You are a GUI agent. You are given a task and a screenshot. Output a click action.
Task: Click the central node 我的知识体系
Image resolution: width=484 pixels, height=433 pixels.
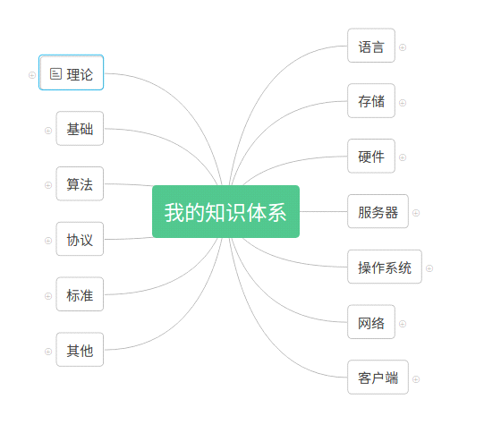(225, 211)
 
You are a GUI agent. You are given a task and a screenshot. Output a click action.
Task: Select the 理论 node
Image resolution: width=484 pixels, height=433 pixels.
(71, 72)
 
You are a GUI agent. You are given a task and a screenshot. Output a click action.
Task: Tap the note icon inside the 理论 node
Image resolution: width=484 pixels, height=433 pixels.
(55, 73)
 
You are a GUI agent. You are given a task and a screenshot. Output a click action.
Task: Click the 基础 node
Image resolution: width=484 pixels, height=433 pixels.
(80, 129)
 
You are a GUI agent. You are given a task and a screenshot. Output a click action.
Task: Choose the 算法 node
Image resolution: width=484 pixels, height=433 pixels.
(80, 183)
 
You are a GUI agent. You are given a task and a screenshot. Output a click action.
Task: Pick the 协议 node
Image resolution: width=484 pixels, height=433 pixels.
(80, 239)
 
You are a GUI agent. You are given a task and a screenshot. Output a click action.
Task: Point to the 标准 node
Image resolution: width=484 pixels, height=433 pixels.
(80, 294)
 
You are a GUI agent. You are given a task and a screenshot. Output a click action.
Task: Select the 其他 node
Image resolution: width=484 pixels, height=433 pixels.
(80, 350)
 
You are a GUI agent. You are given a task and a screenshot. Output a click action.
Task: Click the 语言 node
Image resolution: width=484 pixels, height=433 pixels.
(371, 46)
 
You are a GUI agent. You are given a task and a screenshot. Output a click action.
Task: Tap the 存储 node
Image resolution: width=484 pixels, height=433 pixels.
(371, 100)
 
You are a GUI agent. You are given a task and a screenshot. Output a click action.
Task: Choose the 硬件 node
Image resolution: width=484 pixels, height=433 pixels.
(371, 156)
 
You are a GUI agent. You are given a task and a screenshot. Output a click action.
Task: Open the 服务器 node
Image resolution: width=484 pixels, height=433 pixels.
(378, 211)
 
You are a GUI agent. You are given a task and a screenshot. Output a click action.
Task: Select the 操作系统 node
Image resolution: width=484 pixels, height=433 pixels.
(385, 267)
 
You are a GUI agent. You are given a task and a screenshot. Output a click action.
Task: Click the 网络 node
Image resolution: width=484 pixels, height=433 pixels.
(371, 322)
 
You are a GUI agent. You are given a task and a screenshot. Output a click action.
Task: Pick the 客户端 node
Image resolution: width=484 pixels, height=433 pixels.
(378, 378)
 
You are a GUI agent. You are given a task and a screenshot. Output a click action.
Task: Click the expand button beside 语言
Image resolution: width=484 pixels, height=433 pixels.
(403, 47)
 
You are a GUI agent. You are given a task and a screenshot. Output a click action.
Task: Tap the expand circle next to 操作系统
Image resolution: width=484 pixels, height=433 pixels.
(429, 268)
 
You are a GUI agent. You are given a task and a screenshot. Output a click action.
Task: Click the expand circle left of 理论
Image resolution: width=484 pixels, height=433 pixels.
(32, 75)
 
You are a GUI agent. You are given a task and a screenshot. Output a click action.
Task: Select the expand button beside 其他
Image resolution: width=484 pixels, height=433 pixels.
(48, 352)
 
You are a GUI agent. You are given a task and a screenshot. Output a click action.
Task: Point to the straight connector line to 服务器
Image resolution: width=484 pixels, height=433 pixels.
(324, 211)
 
